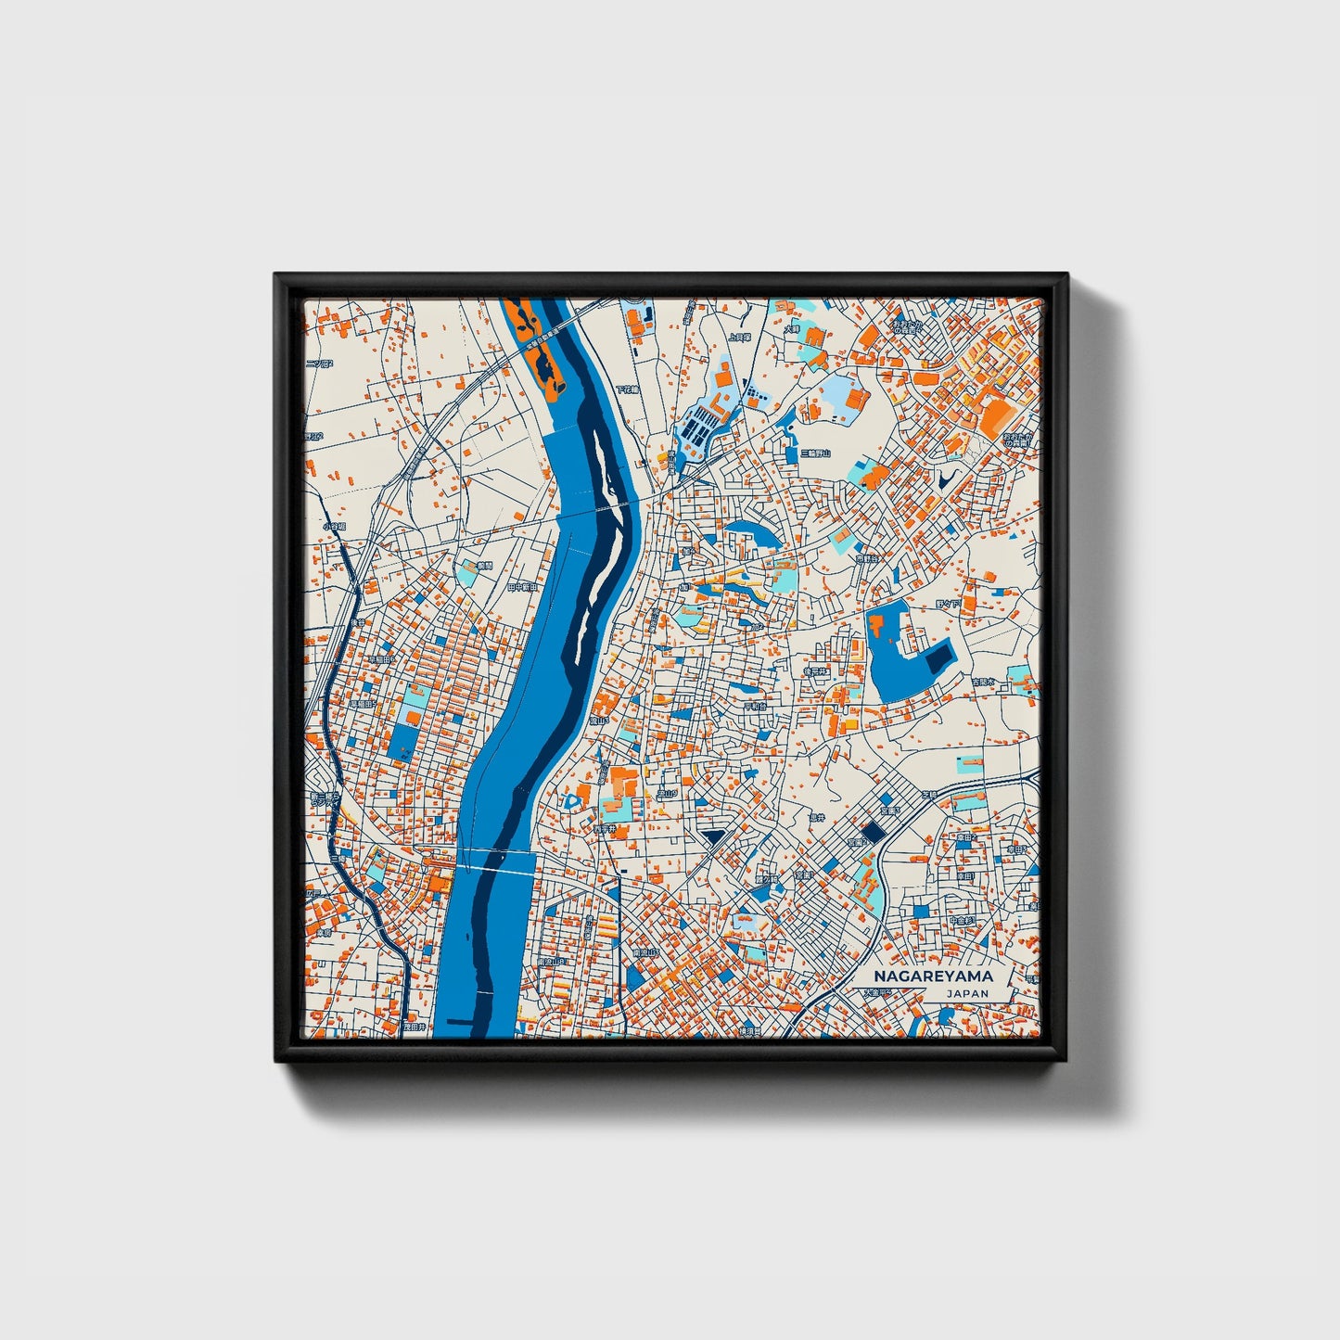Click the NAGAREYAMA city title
click(x=933, y=976)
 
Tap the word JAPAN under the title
click(x=967, y=993)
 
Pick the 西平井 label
click(x=605, y=828)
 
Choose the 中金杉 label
click(x=962, y=921)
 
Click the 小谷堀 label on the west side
click(x=334, y=527)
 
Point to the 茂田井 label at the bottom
click(x=414, y=1027)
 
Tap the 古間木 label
click(x=982, y=682)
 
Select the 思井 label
click(x=816, y=818)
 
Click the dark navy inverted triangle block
click(x=713, y=838)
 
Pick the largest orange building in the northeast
click(x=997, y=418)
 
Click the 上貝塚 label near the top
click(x=739, y=338)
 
